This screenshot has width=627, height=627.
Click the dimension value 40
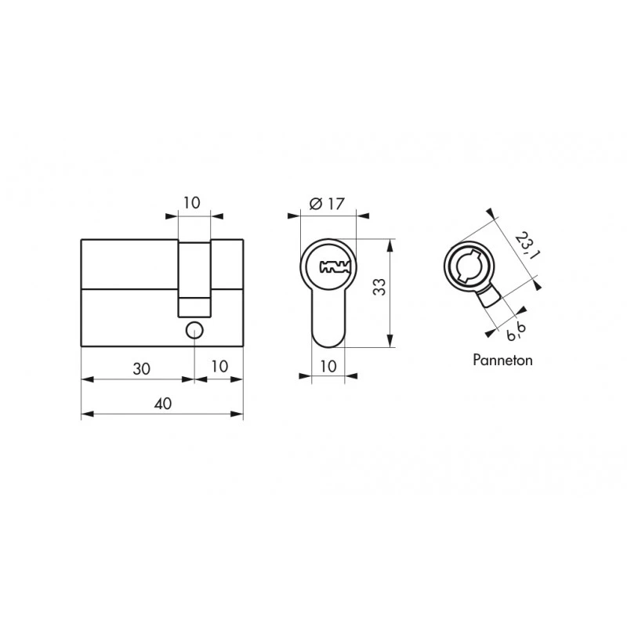(163, 404)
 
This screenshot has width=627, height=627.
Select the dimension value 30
(142, 368)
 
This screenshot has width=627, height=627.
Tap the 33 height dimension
(379, 287)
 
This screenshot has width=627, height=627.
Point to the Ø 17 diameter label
(327, 204)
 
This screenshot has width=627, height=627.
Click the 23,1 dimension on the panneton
(525, 245)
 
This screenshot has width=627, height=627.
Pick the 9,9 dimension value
(516, 331)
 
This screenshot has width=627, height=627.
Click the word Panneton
(502, 360)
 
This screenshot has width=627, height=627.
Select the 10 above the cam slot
(192, 203)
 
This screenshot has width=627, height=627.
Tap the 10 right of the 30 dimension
(219, 366)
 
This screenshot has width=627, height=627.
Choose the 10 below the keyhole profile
(328, 366)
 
